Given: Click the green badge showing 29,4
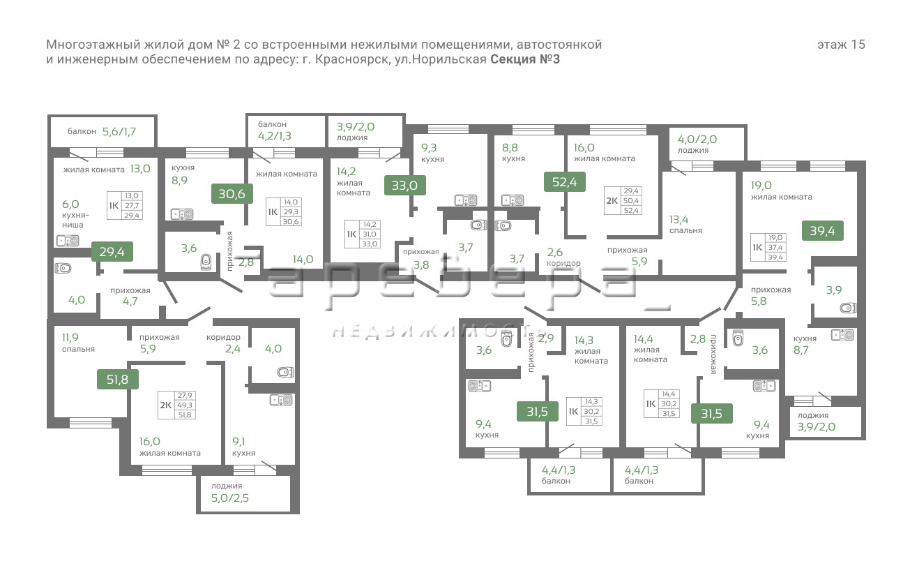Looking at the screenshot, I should coord(112,252).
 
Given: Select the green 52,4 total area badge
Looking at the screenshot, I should coord(565,182).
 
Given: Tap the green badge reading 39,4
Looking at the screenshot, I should coord(823,230).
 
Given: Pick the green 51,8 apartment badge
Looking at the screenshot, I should coord(117,379).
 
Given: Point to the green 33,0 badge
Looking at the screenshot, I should coord(404,185).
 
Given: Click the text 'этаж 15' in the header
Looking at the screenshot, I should coord(841,45).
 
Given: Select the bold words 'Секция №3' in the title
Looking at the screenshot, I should coord(525,59).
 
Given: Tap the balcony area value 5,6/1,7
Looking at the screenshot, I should coord(119,130).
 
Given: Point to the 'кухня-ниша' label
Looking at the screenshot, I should coord(73,221).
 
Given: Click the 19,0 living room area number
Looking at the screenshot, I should coord(761,185).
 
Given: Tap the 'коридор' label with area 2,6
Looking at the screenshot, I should coord(563,263).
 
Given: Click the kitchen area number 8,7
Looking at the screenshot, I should coord(801,350).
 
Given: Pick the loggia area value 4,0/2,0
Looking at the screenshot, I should coord(697,138).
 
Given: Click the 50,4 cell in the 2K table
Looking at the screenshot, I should coord(632,200).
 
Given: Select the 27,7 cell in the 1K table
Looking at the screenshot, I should coord(131,206).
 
